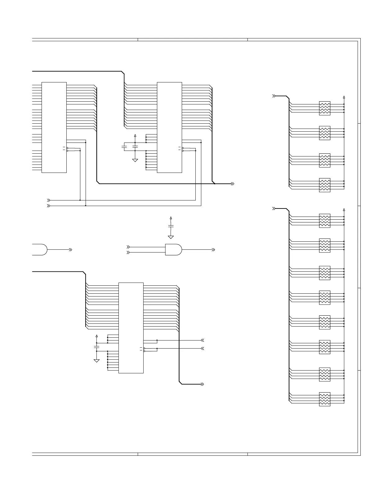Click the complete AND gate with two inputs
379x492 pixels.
173,249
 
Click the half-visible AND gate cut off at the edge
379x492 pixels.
40,249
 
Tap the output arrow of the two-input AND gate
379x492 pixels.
213,249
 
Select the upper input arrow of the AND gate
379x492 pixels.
128,247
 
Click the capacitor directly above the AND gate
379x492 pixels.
171,226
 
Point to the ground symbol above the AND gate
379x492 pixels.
171,237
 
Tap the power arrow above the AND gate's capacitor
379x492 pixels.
171,218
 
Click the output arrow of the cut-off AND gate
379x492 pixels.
71,249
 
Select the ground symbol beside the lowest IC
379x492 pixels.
96,361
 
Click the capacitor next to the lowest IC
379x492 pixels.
96,347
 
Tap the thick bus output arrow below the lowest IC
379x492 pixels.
202,384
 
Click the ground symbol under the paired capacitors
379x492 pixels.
135,160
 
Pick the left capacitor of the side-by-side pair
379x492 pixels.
124,147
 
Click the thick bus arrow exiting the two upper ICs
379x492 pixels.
232,184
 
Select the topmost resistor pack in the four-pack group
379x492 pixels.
324,108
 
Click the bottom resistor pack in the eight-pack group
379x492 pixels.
324,399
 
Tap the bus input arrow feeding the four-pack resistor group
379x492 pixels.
274,96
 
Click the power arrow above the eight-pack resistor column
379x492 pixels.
344,210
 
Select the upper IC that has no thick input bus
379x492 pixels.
54,127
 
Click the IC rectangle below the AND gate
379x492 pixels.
131,328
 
